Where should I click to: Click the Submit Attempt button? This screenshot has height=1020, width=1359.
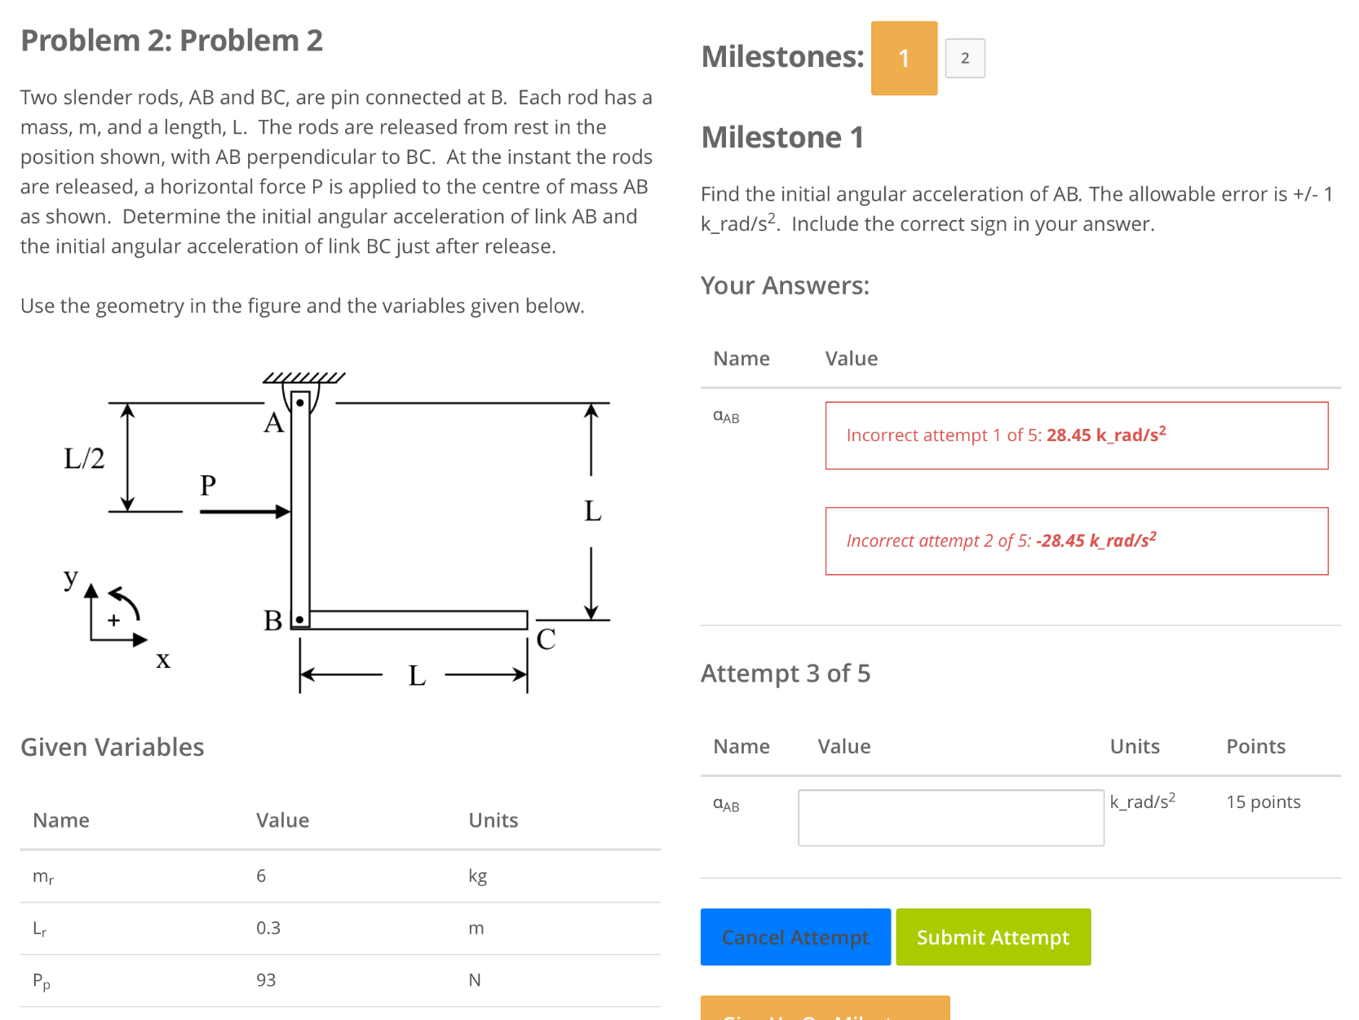tap(993, 937)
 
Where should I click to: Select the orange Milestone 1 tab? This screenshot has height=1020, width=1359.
tap(904, 58)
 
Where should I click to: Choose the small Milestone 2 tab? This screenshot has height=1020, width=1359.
tap(965, 58)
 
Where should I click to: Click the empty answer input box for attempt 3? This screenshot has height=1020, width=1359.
tap(950, 817)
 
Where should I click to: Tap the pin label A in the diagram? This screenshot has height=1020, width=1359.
tap(273, 423)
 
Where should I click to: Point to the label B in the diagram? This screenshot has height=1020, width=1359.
tap(272, 621)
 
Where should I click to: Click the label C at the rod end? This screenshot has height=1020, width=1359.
tap(546, 639)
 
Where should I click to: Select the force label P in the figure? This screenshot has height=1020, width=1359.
tap(208, 486)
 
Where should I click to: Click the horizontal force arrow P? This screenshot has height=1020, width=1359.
tap(244, 511)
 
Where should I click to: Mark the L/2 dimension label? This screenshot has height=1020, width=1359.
tap(84, 458)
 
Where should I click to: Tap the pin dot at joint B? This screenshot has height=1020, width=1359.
tap(300, 620)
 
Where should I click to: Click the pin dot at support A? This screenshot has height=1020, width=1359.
tap(300, 403)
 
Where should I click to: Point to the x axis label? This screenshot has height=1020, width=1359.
tap(163, 660)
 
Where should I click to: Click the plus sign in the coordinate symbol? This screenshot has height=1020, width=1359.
tap(113, 620)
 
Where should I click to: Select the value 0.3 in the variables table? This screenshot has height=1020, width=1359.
tap(268, 928)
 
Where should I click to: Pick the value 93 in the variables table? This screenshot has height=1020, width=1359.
tap(266, 980)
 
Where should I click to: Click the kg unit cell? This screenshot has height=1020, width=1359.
tap(477, 876)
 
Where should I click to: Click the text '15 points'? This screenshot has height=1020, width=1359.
tap(1263, 802)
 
